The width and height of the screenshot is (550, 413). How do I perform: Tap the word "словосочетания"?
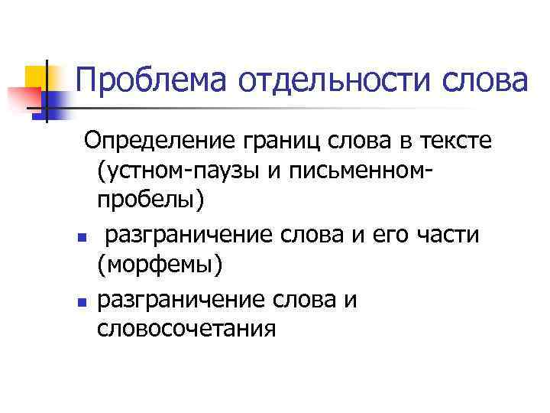[x=186, y=330]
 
